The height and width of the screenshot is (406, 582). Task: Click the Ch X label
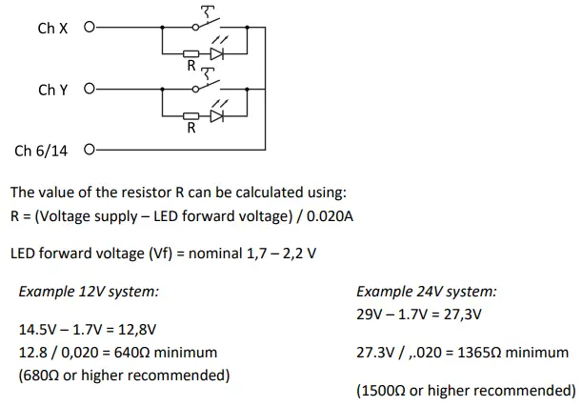click(x=52, y=29)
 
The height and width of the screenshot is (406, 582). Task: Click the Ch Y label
click(x=52, y=90)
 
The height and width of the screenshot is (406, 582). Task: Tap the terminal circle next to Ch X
click(x=90, y=29)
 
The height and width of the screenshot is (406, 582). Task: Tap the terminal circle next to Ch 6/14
click(x=90, y=150)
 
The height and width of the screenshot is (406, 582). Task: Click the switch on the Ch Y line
click(x=205, y=84)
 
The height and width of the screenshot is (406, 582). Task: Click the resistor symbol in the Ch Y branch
click(x=191, y=115)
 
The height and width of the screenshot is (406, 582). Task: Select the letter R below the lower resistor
click(x=191, y=129)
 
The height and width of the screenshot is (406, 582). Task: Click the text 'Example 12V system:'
click(x=89, y=292)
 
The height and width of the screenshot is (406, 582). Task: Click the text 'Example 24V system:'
click(x=426, y=292)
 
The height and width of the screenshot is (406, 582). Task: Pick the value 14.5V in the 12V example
click(x=36, y=329)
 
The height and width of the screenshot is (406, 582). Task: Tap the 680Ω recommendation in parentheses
click(x=40, y=375)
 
